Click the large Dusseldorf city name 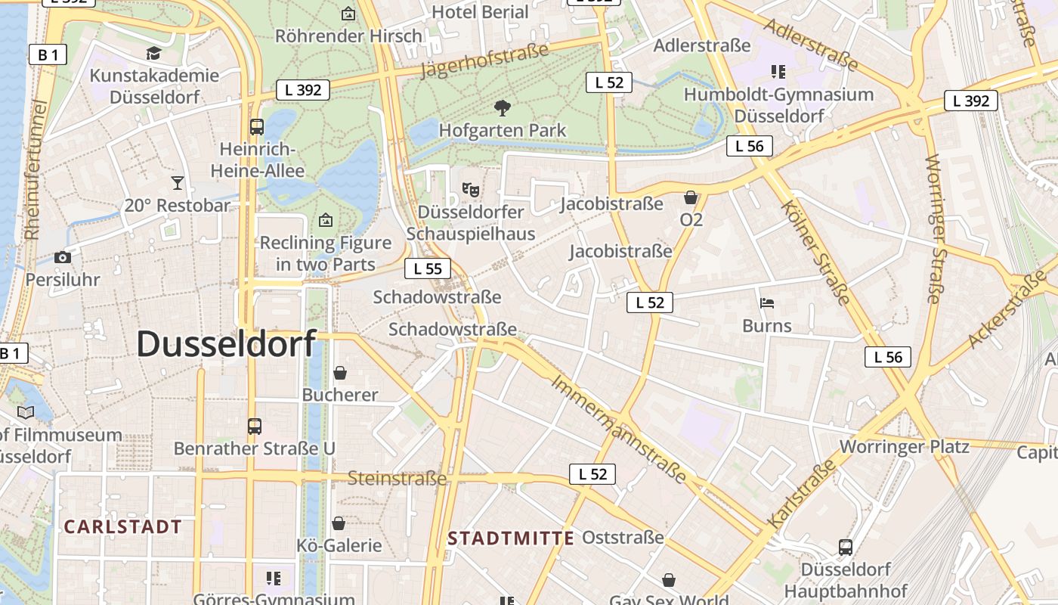click(x=226, y=344)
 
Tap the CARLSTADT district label click(x=122, y=527)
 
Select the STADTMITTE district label click(x=511, y=538)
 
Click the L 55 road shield click(x=428, y=268)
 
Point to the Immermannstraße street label click(x=618, y=428)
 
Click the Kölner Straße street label click(x=815, y=252)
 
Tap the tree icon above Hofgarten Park click(x=502, y=108)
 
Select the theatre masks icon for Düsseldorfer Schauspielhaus click(x=470, y=188)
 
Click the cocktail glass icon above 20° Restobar click(x=178, y=183)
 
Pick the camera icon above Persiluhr click(x=63, y=257)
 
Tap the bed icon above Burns click(x=767, y=303)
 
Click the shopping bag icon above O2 click(x=691, y=198)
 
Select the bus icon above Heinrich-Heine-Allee click(x=257, y=126)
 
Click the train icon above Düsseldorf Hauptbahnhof click(x=846, y=547)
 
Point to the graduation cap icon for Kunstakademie click(x=154, y=53)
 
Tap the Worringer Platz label click(x=904, y=446)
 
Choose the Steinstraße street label click(x=397, y=478)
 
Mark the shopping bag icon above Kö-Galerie click(x=339, y=523)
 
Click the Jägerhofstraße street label click(x=484, y=61)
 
